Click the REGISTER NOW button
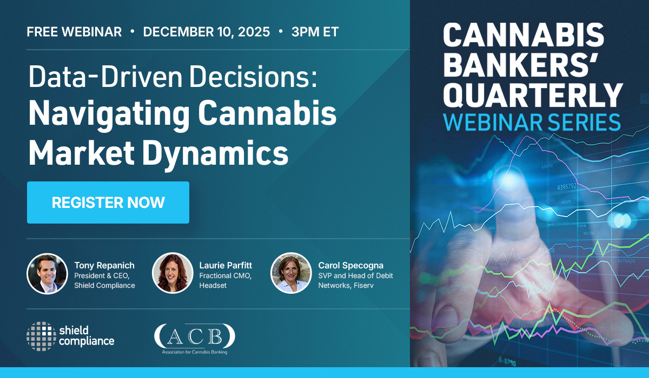pyautogui.click(x=108, y=202)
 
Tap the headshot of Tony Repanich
pyautogui.click(x=47, y=274)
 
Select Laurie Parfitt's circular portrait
pyautogui.click(x=173, y=273)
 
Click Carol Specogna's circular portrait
pyautogui.click(x=291, y=273)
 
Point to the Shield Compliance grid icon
pyautogui.click(x=42, y=336)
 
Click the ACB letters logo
pyautogui.click(x=195, y=336)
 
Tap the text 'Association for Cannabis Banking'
pyautogui.click(x=195, y=352)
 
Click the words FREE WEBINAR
pyautogui.click(x=74, y=32)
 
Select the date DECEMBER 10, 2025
pyautogui.click(x=206, y=32)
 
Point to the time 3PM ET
pyautogui.click(x=315, y=32)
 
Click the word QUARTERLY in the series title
pyautogui.click(x=533, y=96)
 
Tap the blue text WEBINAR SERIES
pyautogui.click(x=532, y=123)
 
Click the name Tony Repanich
pyautogui.click(x=104, y=265)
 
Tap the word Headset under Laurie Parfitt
pyautogui.click(x=213, y=286)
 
